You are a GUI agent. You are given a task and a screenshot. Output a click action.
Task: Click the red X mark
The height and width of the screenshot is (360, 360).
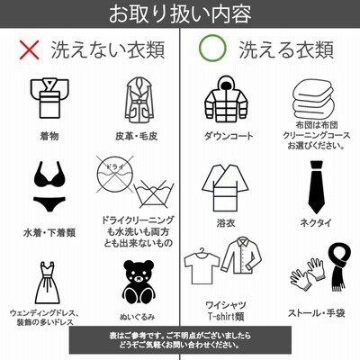click(29, 49)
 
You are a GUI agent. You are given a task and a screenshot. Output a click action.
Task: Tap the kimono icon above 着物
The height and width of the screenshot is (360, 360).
click(49, 98)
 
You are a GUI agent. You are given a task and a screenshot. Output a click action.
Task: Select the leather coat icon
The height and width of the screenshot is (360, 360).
click(139, 100)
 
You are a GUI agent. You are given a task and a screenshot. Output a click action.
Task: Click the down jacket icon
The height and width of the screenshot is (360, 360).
click(227, 99)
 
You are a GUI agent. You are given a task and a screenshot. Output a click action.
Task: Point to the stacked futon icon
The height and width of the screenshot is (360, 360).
click(313, 99)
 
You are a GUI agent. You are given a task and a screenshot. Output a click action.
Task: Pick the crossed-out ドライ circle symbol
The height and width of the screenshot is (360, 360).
click(115, 174)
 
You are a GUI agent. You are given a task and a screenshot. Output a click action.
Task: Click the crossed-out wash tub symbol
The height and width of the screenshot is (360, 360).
click(154, 194)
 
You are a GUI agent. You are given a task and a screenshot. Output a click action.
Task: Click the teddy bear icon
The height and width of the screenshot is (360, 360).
click(139, 282)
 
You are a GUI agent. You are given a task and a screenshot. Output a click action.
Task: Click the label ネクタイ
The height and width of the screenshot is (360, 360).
click(316, 222)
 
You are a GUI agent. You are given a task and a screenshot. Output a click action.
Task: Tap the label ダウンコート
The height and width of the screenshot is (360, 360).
click(229, 136)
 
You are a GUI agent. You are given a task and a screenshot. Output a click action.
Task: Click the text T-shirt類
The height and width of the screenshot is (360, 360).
click(226, 316)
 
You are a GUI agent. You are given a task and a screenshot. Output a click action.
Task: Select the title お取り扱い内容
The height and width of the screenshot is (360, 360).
click(180, 13)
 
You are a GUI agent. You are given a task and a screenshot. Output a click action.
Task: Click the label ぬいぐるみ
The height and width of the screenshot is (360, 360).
click(137, 317)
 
